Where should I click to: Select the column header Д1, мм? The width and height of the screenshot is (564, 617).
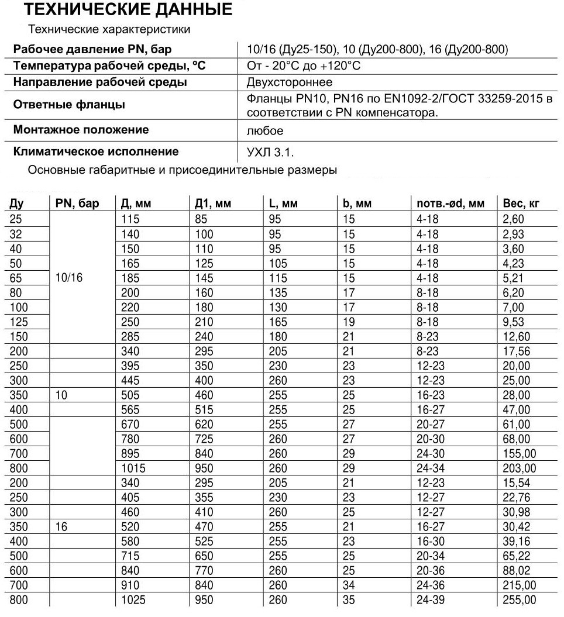pyautogui.click(x=213, y=204)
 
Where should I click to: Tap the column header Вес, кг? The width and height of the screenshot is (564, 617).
pyautogui.click(x=521, y=204)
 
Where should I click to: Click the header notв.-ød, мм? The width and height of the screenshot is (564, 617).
pyautogui.click(x=450, y=204)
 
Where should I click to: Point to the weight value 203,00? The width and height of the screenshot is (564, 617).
pyautogui.click(x=520, y=468)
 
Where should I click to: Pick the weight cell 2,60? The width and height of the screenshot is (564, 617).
pyautogui.click(x=514, y=219)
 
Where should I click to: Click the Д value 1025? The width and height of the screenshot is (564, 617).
pyautogui.click(x=134, y=600)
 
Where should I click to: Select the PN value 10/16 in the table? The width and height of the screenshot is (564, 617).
pyautogui.click(x=68, y=278)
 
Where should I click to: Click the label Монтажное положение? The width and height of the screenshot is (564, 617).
pyautogui.click(x=81, y=129)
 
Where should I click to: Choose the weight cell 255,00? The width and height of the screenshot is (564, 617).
pyautogui.click(x=520, y=600)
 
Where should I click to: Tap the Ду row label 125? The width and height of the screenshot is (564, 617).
pyautogui.click(x=19, y=322)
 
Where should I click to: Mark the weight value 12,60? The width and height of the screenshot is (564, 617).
pyautogui.click(x=516, y=337)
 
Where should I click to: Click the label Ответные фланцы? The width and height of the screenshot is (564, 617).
pyautogui.click(x=69, y=105)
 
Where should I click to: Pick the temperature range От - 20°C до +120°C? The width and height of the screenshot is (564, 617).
pyautogui.click(x=304, y=66)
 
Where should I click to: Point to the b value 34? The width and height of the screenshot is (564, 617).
pyautogui.click(x=349, y=585)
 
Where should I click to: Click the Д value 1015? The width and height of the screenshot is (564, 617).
pyautogui.click(x=134, y=468)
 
